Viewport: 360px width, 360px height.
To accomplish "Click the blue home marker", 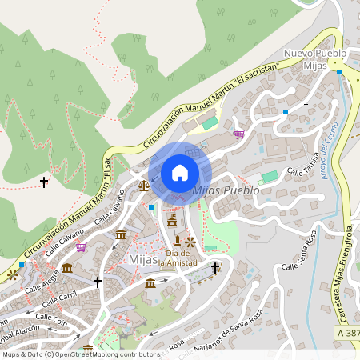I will pos(180,173).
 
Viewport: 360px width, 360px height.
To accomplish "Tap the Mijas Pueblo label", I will pos(226,191).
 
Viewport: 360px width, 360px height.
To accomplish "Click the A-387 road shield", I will pos(347,330).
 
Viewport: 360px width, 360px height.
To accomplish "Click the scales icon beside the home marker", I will pos(144,185).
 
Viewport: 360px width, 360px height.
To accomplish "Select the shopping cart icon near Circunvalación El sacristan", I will pos(238,134).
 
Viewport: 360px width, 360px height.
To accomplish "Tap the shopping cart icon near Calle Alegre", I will pos(80,247).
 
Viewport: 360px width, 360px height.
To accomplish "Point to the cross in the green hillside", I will pos(44,182).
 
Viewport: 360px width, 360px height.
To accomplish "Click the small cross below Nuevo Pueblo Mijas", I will pos(306,105).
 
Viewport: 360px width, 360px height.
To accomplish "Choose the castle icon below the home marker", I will pos(171,220).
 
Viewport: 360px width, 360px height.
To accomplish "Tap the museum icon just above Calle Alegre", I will pos(67,268).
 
